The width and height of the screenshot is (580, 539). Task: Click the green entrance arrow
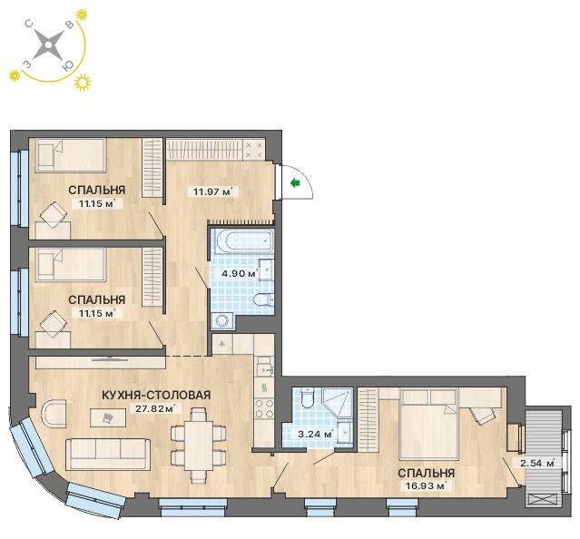tap(295, 182)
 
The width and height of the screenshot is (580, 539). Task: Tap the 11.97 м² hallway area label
tap(213, 191)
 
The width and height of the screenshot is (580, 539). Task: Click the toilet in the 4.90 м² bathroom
tap(264, 299)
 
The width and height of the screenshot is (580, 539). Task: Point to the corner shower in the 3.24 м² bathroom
tap(337, 403)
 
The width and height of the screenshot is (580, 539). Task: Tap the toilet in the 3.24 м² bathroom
tap(307, 398)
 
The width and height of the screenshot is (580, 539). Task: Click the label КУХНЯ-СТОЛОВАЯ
tap(156, 396)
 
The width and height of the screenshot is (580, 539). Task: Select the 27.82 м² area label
tap(154, 409)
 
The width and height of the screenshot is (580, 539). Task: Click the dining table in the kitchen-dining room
tap(199, 446)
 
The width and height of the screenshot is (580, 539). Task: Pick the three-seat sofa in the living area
tap(108, 455)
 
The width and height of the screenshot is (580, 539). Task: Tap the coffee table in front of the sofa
tap(108, 417)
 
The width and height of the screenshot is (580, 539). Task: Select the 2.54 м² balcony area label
tap(538, 463)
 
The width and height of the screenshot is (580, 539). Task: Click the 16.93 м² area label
tap(426, 485)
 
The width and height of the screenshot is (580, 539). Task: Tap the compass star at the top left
tap(48, 45)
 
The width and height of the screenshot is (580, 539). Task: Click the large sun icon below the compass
tap(83, 83)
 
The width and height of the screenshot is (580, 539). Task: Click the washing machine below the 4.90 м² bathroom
tap(222, 321)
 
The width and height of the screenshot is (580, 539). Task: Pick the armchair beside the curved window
tap(54, 414)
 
